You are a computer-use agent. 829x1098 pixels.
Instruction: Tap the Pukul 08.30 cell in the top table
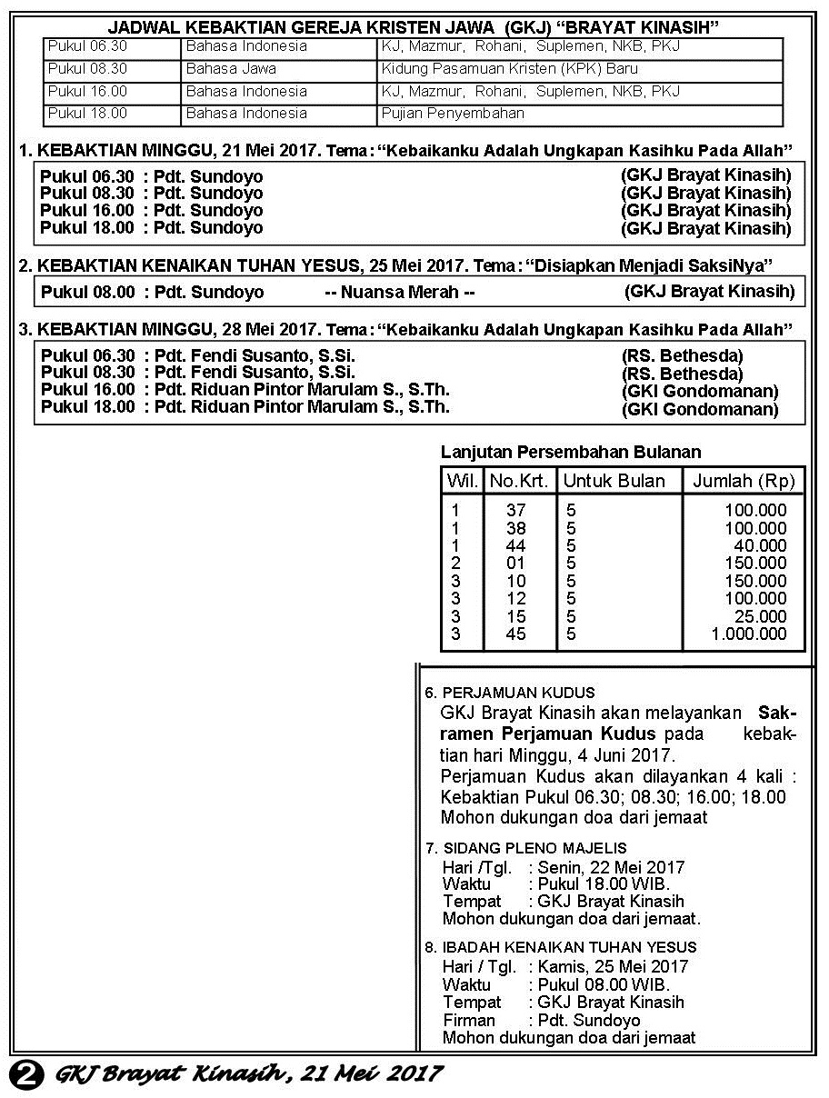[x=87, y=69]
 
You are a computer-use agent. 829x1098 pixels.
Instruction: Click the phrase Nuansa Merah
[x=400, y=293]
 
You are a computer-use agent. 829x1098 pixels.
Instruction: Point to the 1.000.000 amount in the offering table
[x=749, y=634]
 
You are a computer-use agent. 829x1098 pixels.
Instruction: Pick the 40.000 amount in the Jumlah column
[x=760, y=546]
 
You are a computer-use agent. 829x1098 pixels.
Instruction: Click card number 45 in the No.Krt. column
[x=516, y=634]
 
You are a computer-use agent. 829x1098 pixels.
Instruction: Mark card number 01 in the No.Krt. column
[x=516, y=564]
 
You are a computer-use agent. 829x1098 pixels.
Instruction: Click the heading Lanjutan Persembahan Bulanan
[x=571, y=453]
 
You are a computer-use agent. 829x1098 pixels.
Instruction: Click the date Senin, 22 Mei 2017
[x=611, y=867]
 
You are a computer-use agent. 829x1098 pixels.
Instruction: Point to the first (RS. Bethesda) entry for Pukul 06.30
[x=682, y=355]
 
